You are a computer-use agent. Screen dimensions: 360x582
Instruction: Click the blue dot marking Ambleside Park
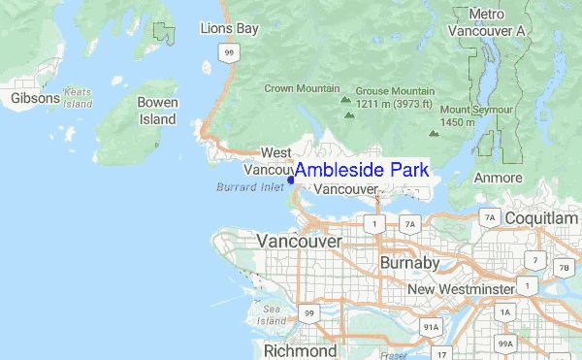(291, 179)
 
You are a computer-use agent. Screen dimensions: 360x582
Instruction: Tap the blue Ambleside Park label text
(361, 170)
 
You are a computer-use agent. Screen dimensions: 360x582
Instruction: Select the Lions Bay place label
(229, 29)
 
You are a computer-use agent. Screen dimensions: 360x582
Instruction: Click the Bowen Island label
(157, 110)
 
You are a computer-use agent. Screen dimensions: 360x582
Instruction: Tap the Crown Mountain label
(302, 88)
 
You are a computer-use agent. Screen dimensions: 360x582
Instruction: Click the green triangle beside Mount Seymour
(434, 134)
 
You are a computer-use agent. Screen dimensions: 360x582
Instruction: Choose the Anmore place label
(498, 178)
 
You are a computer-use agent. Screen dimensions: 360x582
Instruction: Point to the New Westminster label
(460, 289)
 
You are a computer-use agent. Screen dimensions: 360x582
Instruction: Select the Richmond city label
(300, 349)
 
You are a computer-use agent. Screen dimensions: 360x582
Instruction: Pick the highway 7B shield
(564, 267)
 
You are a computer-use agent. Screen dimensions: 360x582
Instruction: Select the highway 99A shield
(505, 344)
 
